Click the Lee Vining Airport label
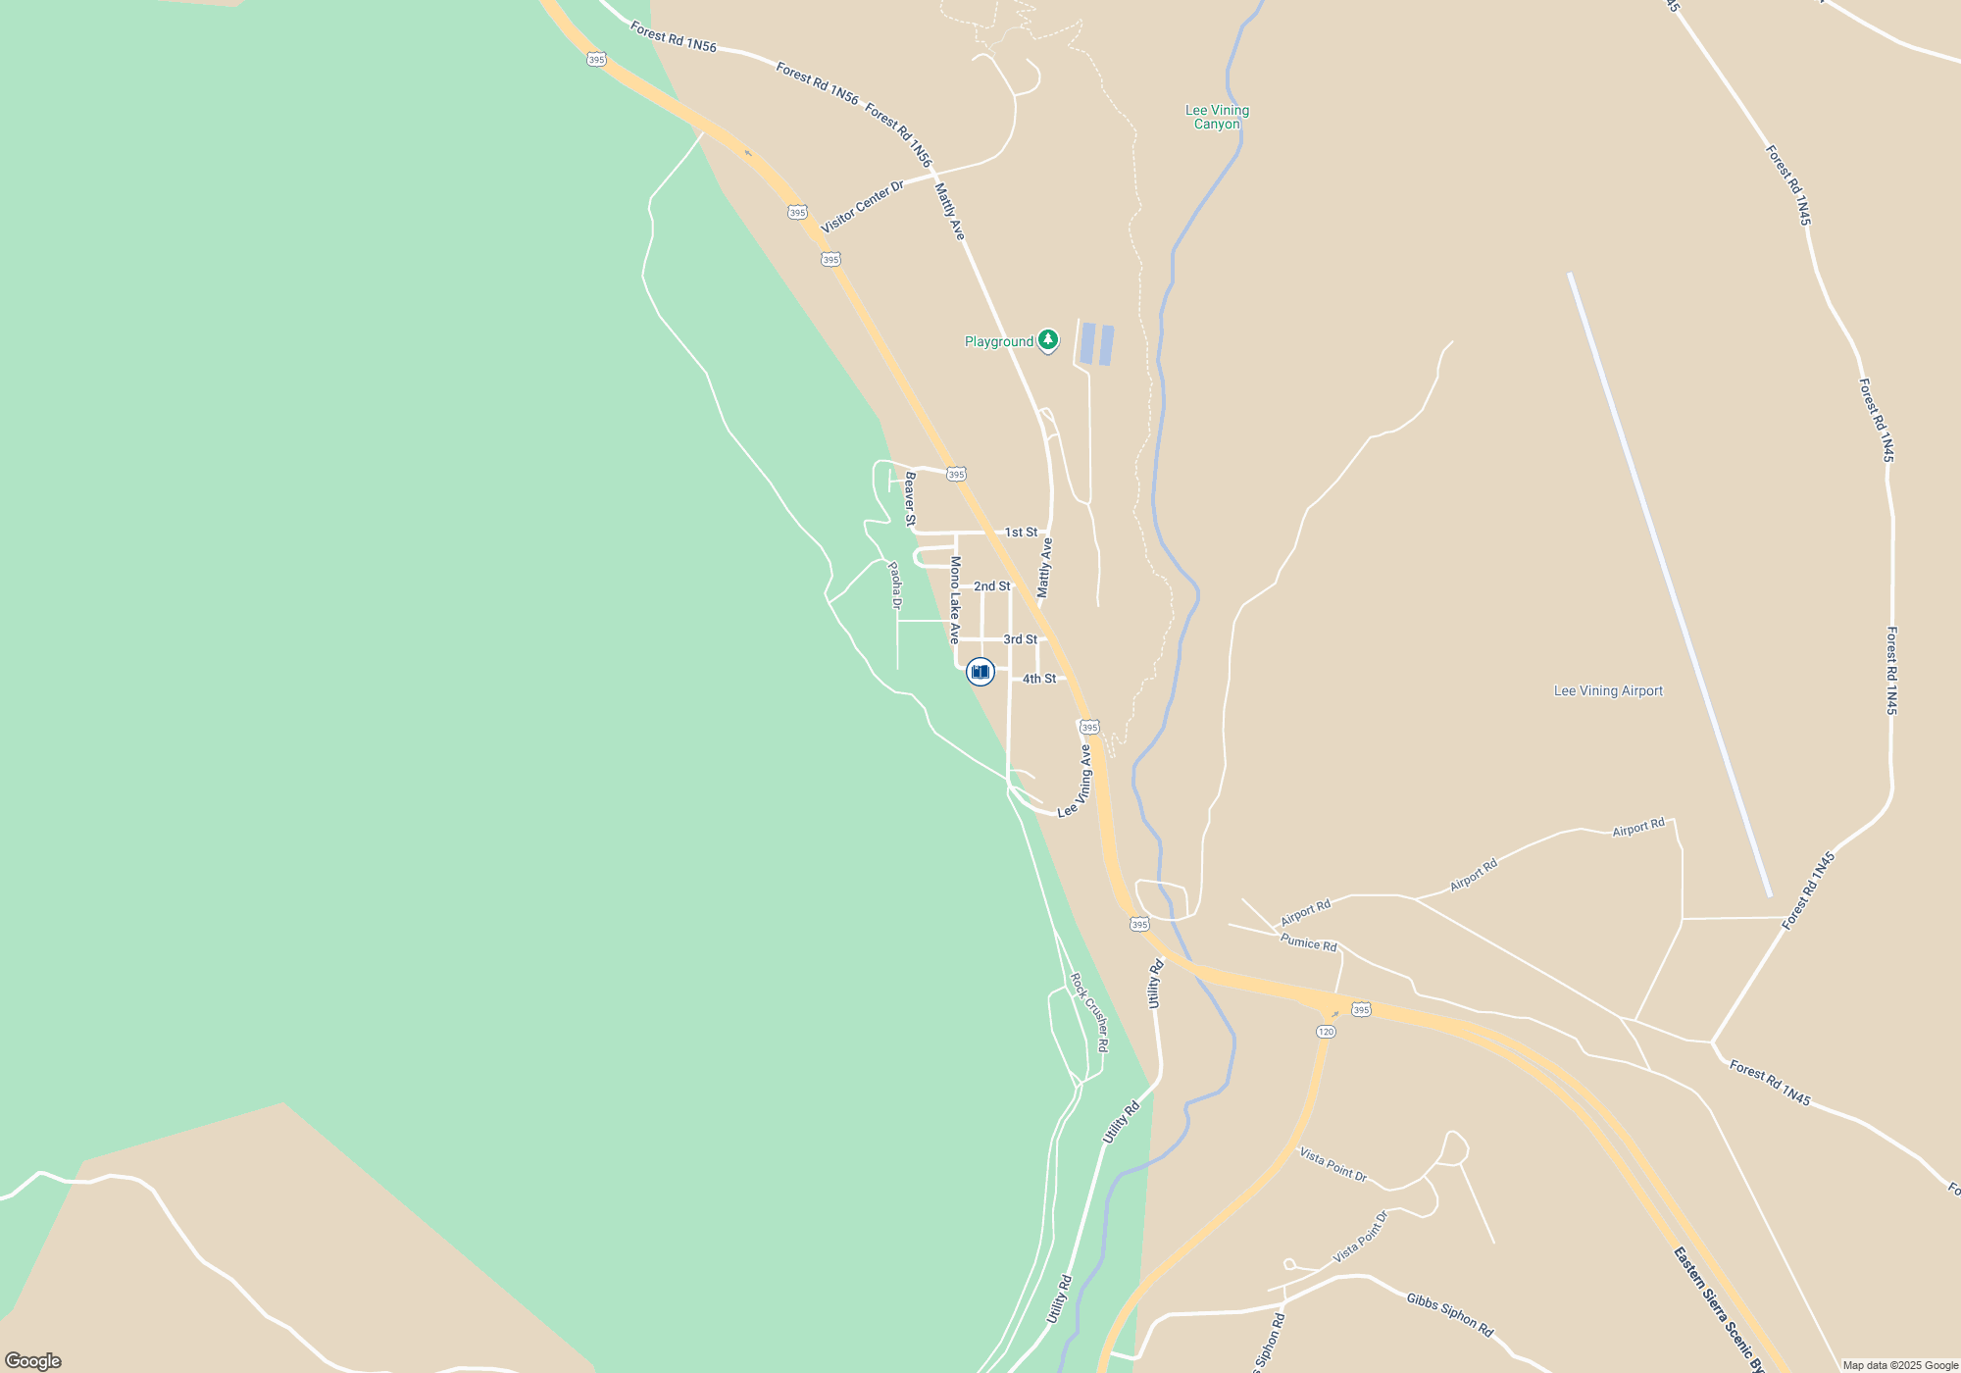point(1608,690)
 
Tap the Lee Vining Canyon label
point(1217,117)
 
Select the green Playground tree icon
point(1048,340)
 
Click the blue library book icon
point(980,671)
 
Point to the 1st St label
point(1021,533)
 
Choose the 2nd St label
point(991,586)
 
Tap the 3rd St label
point(1020,639)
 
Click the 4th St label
point(1039,679)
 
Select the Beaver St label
point(910,499)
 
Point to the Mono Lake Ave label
point(955,599)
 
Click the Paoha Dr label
point(894,585)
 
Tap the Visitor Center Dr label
point(863,207)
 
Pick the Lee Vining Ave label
point(1076,782)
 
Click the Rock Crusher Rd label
point(1089,1012)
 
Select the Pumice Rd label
point(1308,942)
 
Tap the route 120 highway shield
point(1326,1032)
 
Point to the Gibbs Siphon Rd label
point(1449,1314)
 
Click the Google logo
point(33,1361)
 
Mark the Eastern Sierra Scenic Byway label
point(1719,1308)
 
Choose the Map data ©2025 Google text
point(1900,1365)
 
